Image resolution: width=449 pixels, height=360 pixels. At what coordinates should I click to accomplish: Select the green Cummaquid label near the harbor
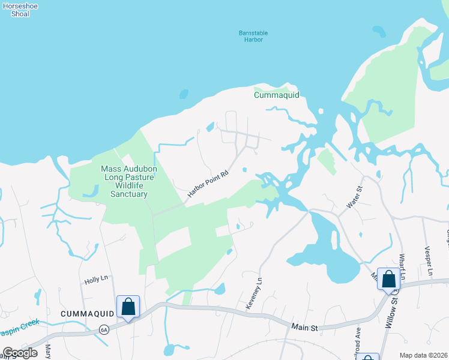(x=276, y=95)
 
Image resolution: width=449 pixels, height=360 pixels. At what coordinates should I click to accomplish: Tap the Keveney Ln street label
(x=255, y=293)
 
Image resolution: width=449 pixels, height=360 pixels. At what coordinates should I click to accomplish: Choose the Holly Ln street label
(x=95, y=279)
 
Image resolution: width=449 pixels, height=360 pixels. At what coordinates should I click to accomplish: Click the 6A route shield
(x=104, y=329)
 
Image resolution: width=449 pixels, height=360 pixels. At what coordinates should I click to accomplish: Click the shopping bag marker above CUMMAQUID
(x=128, y=307)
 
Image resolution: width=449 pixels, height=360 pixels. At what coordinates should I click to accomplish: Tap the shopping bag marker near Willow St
(x=388, y=278)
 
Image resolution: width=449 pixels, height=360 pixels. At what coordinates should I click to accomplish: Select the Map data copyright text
(x=423, y=355)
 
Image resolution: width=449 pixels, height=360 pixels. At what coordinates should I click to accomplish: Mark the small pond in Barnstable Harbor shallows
(x=183, y=94)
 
